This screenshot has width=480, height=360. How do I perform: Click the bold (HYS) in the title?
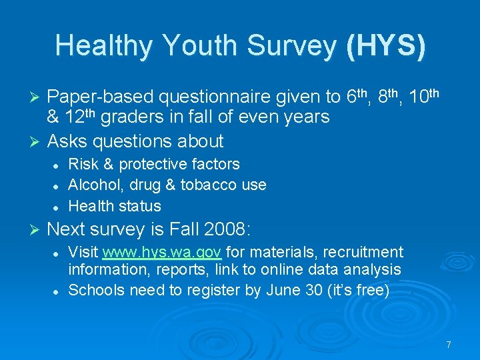[385, 45]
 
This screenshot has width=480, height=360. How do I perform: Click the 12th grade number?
[85, 117]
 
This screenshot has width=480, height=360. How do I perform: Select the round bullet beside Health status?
[59, 207]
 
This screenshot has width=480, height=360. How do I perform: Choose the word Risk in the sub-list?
[82, 164]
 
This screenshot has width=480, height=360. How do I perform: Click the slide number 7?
[449, 345]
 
